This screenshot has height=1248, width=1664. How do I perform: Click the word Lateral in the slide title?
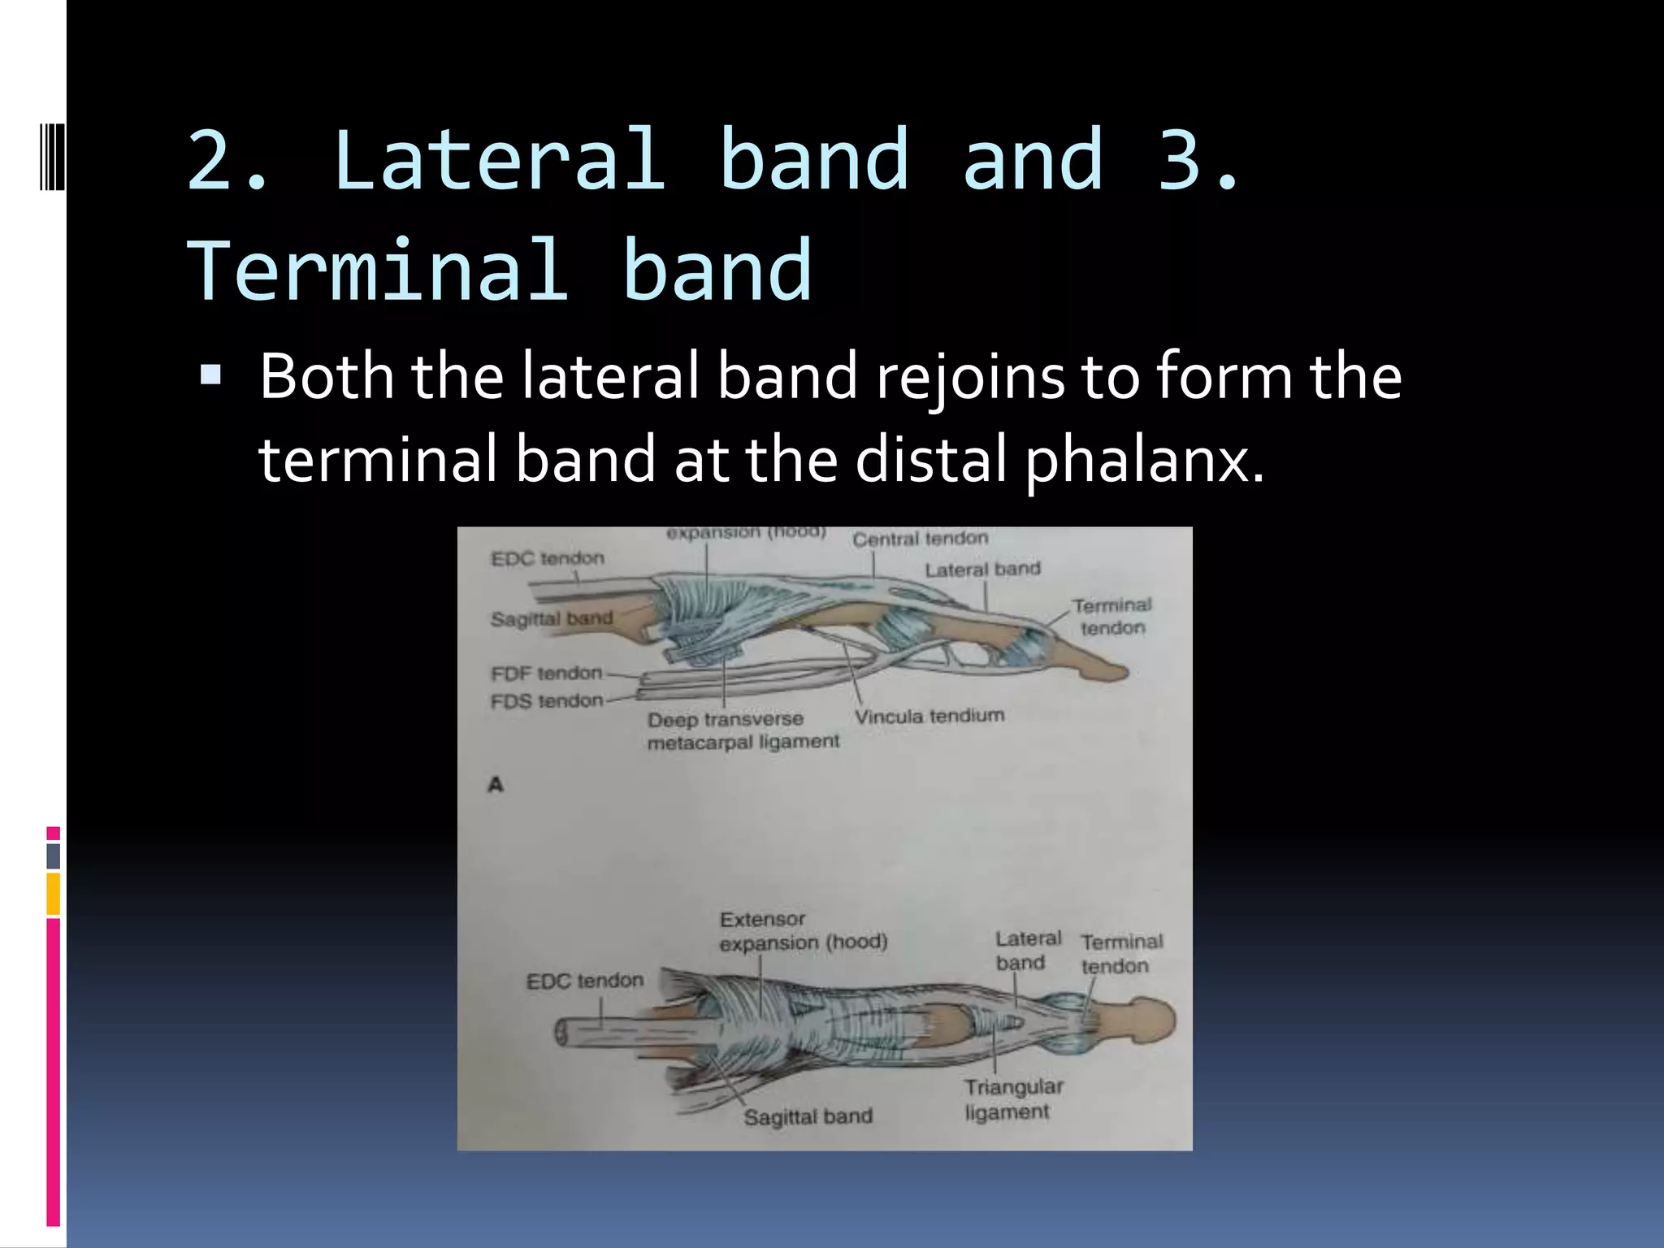pos(499,160)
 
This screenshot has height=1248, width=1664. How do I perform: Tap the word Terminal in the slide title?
pos(378,271)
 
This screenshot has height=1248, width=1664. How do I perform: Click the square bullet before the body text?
pos(210,375)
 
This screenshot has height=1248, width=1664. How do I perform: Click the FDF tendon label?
pos(546,674)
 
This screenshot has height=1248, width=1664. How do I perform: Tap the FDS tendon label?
pos(546,700)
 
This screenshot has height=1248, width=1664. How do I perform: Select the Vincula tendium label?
pos(929,716)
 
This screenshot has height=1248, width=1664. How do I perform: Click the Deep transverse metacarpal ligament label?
pos(743,730)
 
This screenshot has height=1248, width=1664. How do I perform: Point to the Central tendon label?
pos(920,539)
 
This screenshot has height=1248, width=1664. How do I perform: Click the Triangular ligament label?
pos(1012,1099)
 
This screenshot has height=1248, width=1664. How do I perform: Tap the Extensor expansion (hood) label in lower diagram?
pos(802,931)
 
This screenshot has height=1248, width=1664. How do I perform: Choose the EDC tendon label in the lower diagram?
pos(584,981)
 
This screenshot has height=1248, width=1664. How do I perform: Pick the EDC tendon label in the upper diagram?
pos(548,559)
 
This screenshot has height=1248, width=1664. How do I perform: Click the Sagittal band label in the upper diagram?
pos(551,619)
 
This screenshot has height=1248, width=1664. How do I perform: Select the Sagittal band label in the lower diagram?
pos(808,1117)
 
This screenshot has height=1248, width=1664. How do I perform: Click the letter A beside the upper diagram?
pos(496,785)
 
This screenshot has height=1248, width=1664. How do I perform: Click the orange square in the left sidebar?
pos(53,893)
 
